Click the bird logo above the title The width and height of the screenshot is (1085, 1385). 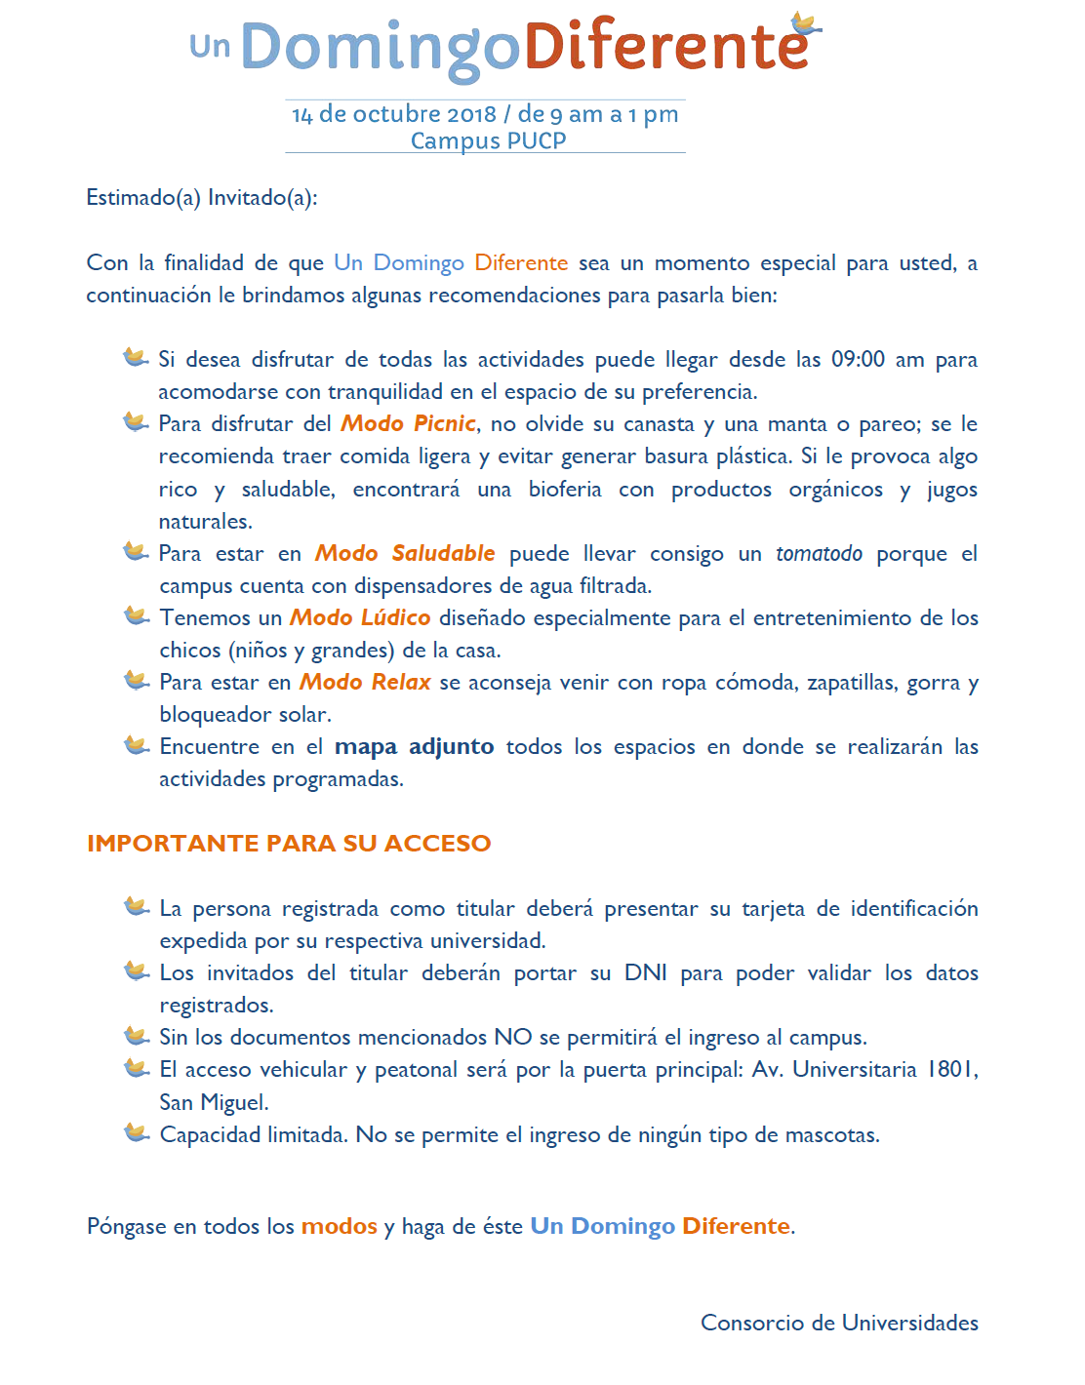pyautogui.click(x=805, y=23)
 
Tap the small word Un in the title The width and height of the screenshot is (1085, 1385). pyautogui.click(x=210, y=46)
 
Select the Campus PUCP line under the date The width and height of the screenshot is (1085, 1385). pyautogui.click(x=488, y=140)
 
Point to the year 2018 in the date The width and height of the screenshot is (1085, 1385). pyautogui.click(x=472, y=114)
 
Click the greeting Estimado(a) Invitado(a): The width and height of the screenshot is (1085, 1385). pyautogui.click(x=202, y=198)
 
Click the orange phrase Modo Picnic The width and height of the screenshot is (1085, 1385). pyautogui.click(x=408, y=423)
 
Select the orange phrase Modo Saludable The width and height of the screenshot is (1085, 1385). pyautogui.click(x=405, y=553)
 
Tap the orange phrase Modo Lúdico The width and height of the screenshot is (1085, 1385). pyautogui.click(x=360, y=617)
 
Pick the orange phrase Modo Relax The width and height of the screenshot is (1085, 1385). pyautogui.click(x=365, y=682)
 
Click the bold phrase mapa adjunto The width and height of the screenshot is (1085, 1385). pyautogui.click(x=414, y=746)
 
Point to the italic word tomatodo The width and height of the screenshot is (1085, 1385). pyautogui.click(x=819, y=554)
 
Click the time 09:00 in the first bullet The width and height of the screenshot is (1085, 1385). pyautogui.click(x=858, y=359)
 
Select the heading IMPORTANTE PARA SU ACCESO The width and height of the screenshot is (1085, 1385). pyautogui.click(x=289, y=843)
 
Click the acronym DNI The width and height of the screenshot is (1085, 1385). pyautogui.click(x=646, y=972)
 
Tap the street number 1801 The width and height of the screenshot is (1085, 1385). pyautogui.click(x=951, y=1070)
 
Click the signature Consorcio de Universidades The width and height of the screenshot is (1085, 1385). pyautogui.click(x=839, y=1323)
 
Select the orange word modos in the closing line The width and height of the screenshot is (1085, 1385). pyautogui.click(x=339, y=1226)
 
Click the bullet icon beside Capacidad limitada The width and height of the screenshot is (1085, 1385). pyautogui.click(x=137, y=1133)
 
